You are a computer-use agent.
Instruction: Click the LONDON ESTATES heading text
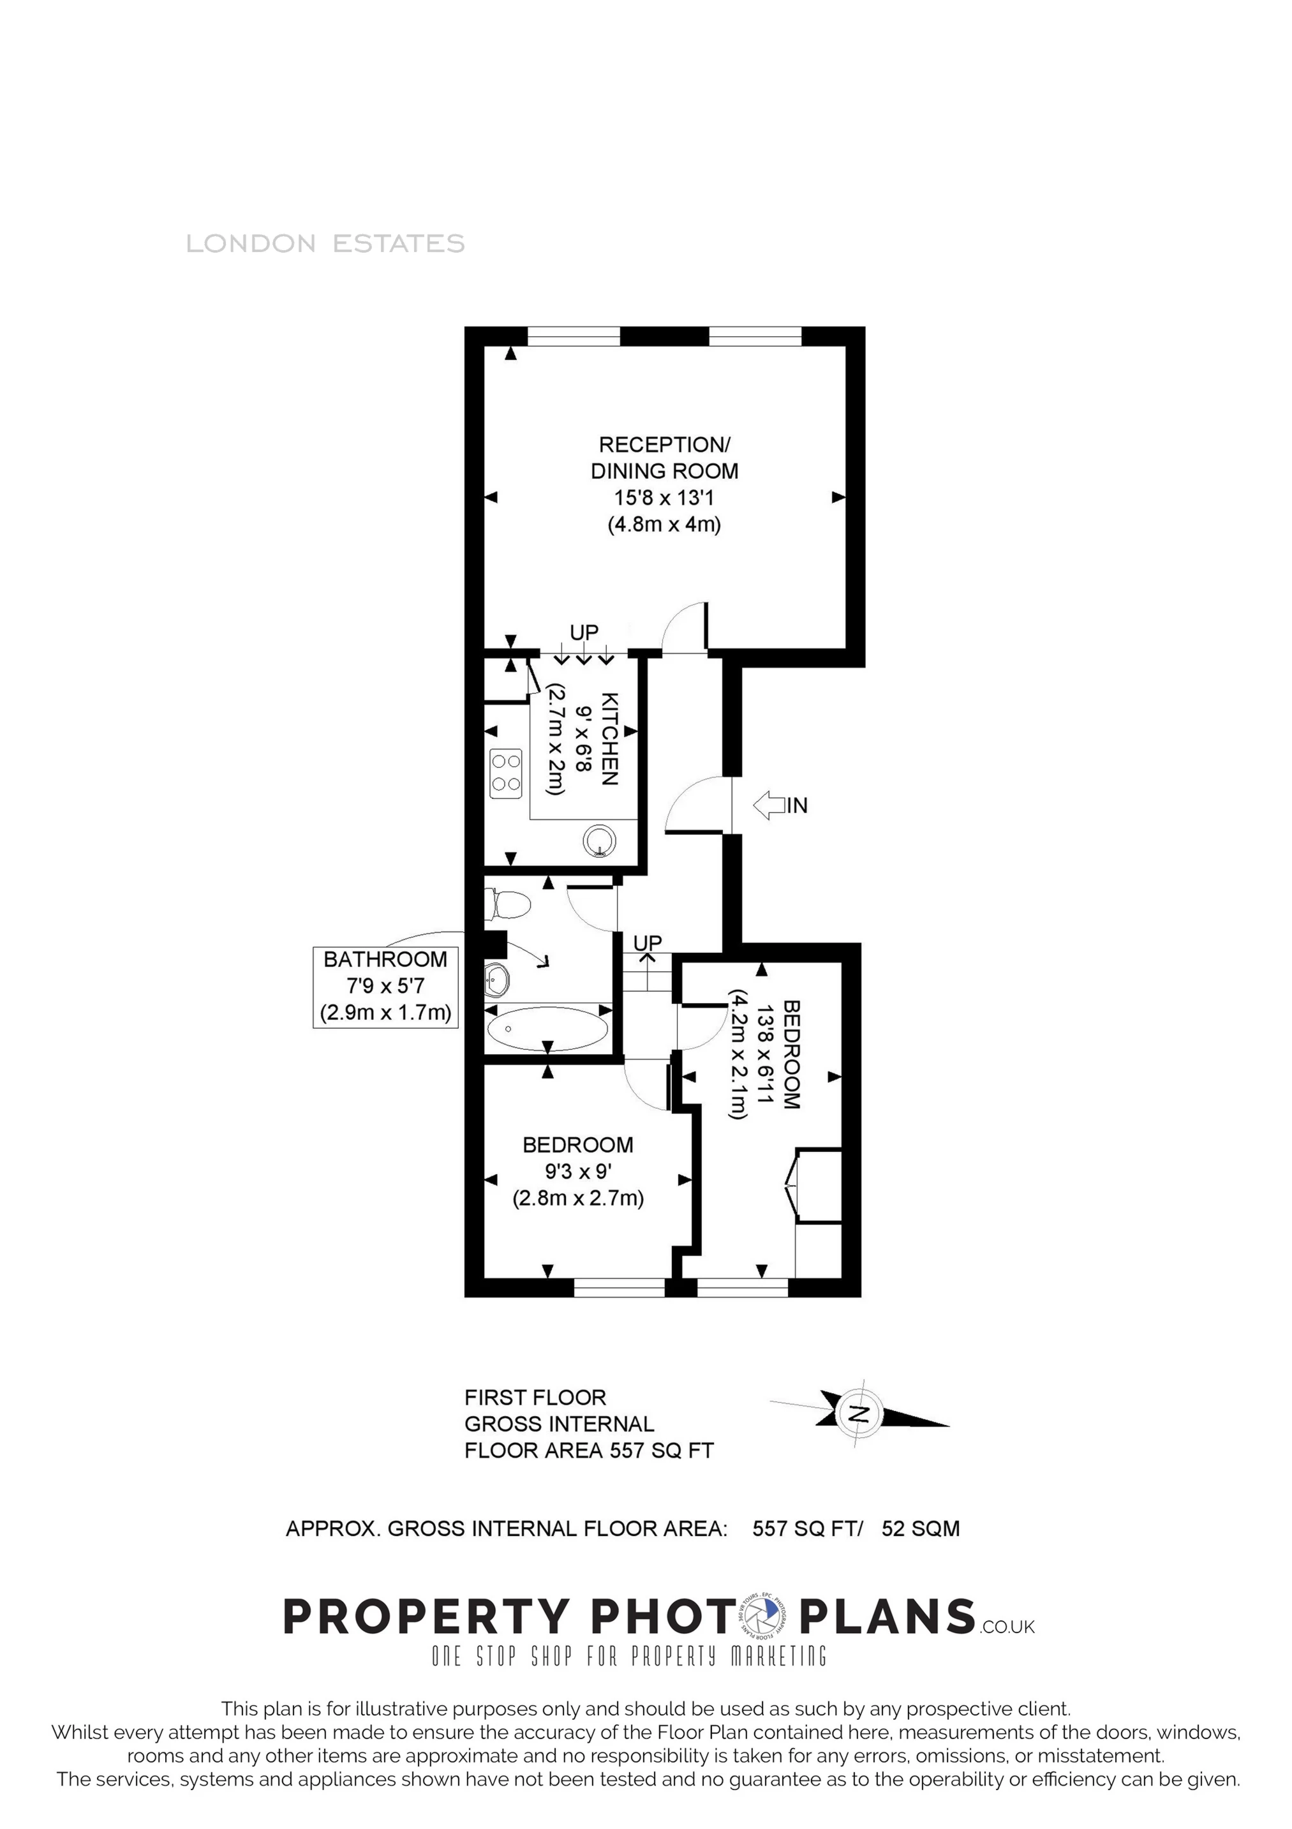click(x=325, y=243)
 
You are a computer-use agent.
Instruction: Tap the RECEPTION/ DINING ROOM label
click(x=664, y=457)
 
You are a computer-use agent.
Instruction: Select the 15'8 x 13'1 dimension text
click(x=664, y=498)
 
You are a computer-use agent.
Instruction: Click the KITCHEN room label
click(x=609, y=739)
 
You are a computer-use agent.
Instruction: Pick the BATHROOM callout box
click(x=385, y=987)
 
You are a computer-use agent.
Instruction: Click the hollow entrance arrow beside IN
click(x=769, y=805)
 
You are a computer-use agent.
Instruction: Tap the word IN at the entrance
click(x=798, y=805)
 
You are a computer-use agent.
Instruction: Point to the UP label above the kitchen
click(x=584, y=632)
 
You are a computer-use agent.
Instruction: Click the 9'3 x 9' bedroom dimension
click(x=577, y=1172)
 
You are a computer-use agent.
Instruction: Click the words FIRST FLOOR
click(x=535, y=1397)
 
